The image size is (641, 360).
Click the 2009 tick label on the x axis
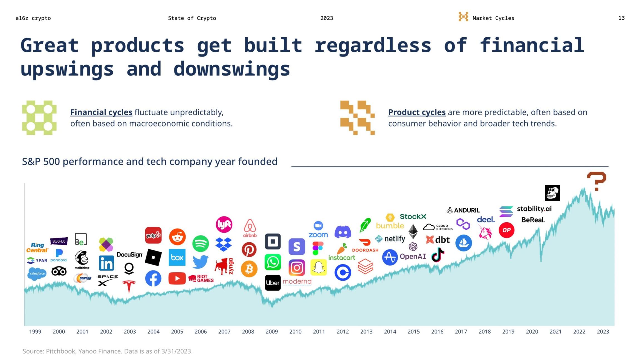272,332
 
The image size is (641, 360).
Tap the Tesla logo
129,286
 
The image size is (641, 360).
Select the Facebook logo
153,278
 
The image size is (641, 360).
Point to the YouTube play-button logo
177,278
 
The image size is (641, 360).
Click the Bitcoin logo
249,269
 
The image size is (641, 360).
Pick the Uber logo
273,283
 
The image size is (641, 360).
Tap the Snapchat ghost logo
319,267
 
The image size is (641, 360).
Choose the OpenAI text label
413,256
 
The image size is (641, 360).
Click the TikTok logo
438,255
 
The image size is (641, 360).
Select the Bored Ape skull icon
552,193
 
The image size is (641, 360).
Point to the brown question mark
596,181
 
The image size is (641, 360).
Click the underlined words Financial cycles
101,112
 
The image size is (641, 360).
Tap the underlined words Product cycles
417,112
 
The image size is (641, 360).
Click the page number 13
621,18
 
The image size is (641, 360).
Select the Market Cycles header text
493,18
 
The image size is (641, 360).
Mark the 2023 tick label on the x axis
603,332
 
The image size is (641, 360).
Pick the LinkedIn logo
106,263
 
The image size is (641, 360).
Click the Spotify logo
201,243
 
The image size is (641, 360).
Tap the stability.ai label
534,209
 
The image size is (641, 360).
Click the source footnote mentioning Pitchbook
107,351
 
